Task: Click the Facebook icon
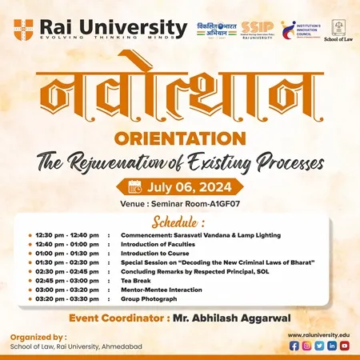(294, 346)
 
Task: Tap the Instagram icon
(306, 346)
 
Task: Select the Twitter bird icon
(319, 346)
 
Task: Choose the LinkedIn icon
(331, 346)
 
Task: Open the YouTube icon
(344, 346)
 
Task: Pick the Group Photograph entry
(149, 298)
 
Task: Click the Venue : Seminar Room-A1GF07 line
(179, 203)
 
